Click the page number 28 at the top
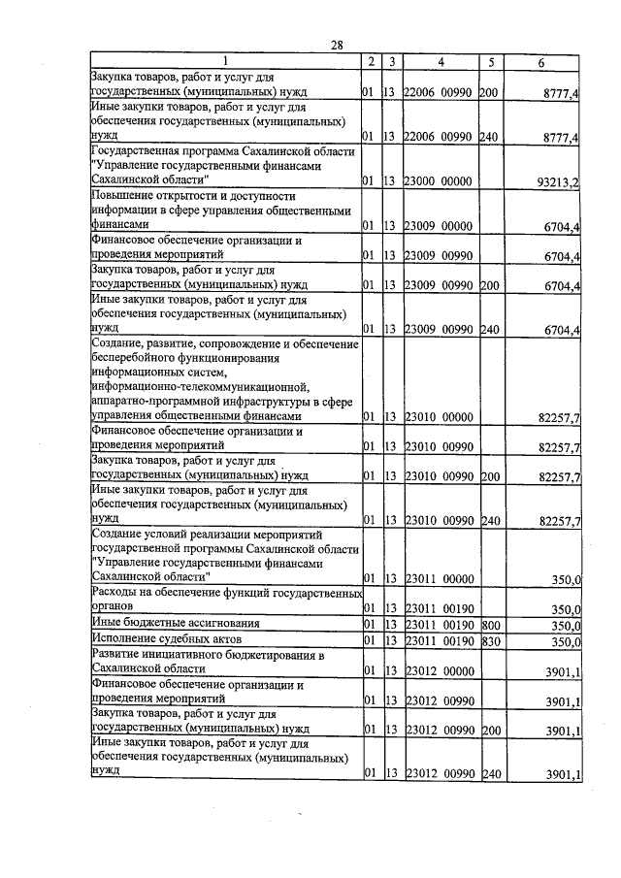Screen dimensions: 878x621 (337, 45)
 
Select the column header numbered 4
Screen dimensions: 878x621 (441, 62)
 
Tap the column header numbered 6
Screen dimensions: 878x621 (540, 62)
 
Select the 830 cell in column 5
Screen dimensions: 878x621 (488, 641)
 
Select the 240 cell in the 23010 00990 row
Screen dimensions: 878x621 (488, 521)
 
